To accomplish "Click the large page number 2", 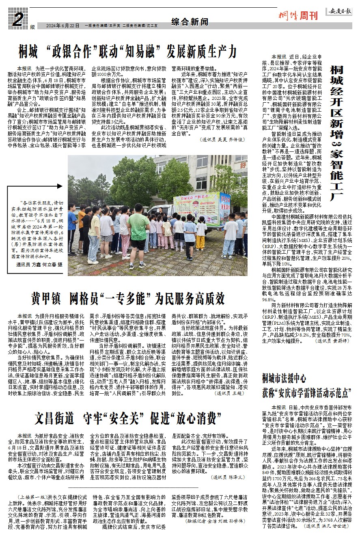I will pos(17,19).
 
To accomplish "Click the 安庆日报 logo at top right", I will pos(341,11).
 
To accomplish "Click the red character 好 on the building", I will pos(243,165).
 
